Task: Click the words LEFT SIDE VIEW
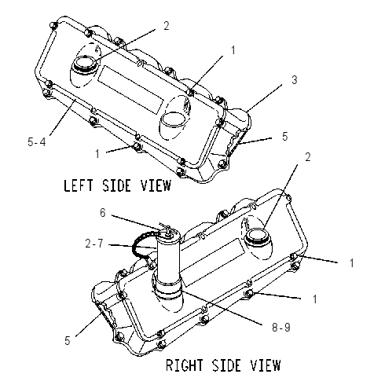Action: [x=117, y=185]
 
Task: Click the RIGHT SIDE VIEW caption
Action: [x=223, y=365]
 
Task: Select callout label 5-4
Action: [x=37, y=142]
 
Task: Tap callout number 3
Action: [x=295, y=80]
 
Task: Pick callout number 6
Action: [x=103, y=213]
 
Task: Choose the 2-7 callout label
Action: [x=94, y=244]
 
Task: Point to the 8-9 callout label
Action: [x=281, y=328]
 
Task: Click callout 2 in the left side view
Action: [x=167, y=26]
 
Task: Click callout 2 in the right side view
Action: [x=308, y=156]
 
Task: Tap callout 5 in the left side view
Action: [x=285, y=136]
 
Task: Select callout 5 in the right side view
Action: [x=68, y=340]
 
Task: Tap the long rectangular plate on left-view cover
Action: [x=131, y=90]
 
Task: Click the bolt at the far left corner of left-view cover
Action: [x=53, y=25]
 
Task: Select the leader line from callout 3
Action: [x=264, y=97]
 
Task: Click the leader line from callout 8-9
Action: [x=222, y=306]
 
